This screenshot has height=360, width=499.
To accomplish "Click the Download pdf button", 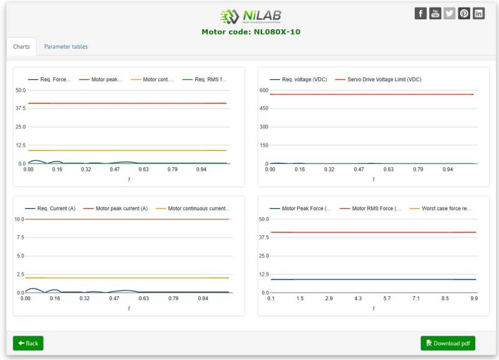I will point(448,343).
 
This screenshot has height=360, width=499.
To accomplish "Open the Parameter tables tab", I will point(65,47).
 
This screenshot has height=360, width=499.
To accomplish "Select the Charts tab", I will point(21,47).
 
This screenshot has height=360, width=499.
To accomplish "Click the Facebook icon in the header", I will point(420,14).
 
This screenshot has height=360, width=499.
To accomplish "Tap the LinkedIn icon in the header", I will point(478,14).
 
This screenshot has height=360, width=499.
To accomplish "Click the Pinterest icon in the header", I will point(464,14).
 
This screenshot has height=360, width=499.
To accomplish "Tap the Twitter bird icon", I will point(450,14).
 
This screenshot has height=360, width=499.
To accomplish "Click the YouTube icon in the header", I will point(435,14).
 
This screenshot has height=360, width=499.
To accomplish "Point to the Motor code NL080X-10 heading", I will point(251,32).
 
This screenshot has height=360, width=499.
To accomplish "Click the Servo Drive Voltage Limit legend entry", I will point(378,79).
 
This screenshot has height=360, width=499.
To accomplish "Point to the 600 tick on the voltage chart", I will point(263,90).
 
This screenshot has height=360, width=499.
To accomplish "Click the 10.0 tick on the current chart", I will point(19,219).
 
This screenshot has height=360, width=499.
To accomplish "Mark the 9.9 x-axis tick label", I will point(474,299).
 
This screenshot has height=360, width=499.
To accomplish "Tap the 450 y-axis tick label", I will point(263,109).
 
